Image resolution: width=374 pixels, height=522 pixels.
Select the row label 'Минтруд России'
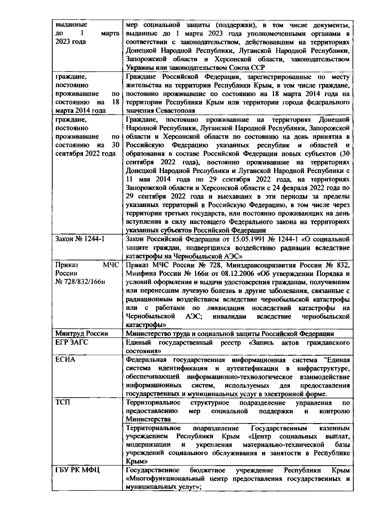[82, 334]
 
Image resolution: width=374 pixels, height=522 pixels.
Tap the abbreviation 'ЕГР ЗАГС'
[72, 343]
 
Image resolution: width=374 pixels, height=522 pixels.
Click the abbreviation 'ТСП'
[62, 403]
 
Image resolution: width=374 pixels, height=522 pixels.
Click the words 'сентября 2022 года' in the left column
[85, 154]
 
